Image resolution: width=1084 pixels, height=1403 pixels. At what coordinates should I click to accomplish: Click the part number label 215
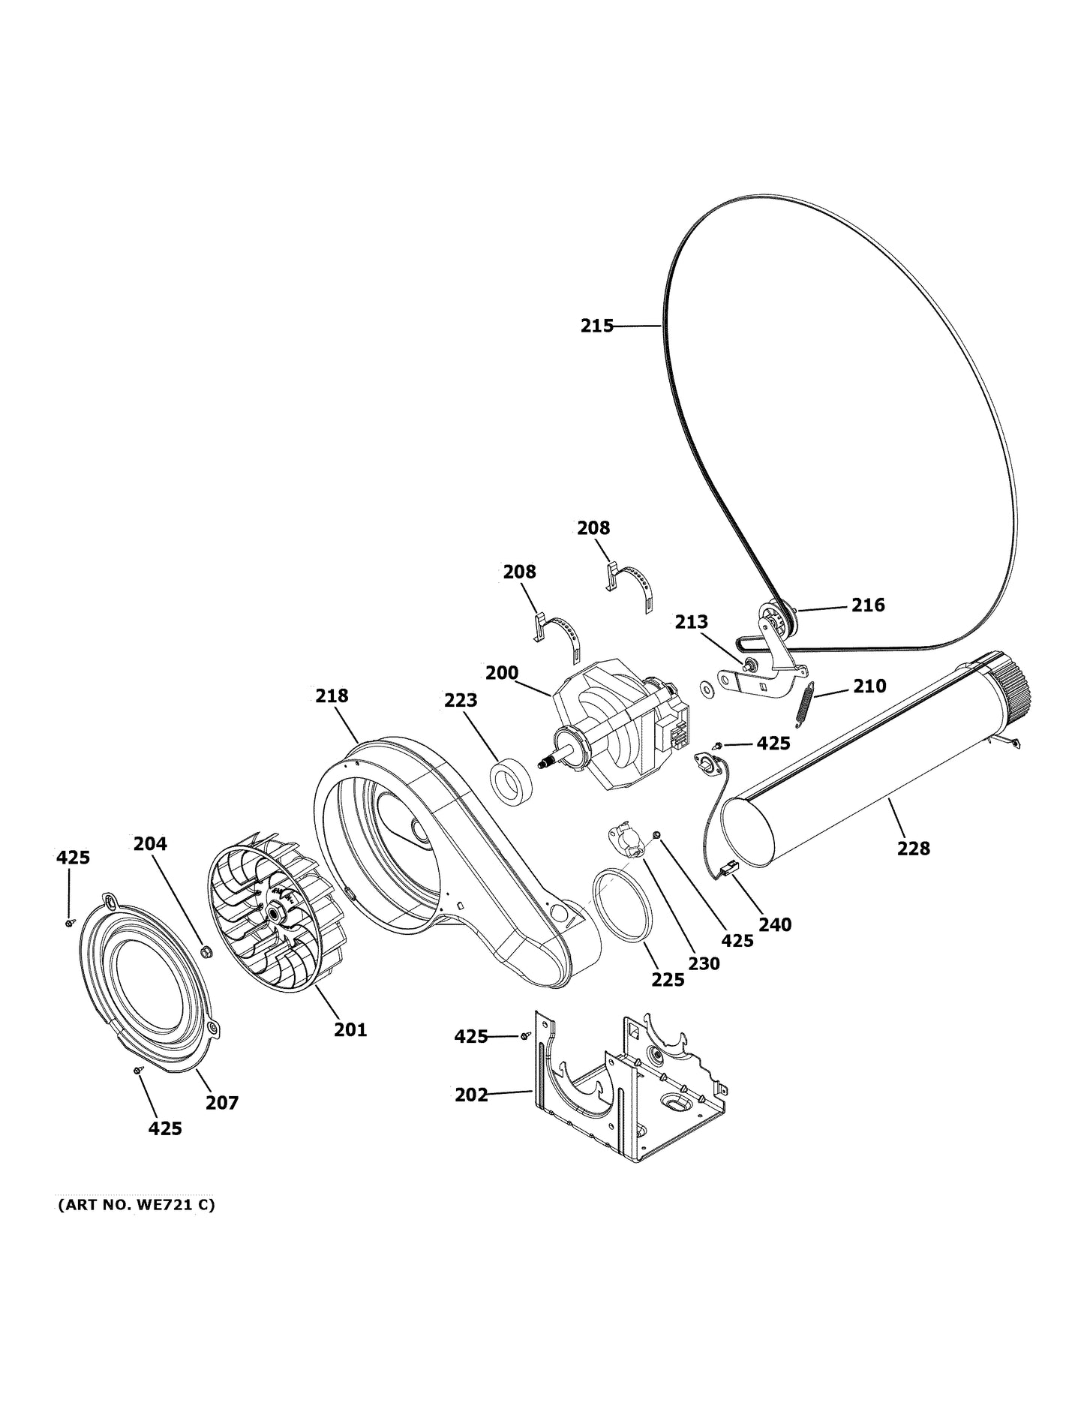(596, 326)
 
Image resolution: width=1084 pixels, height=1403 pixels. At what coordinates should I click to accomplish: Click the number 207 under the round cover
(222, 1102)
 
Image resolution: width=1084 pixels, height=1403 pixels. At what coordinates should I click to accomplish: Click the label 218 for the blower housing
(332, 695)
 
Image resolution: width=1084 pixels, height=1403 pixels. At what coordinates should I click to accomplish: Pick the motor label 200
(502, 672)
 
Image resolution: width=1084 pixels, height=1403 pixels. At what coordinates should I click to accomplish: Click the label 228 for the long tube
(914, 848)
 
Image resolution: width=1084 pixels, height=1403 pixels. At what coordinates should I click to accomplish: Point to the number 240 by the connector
(775, 924)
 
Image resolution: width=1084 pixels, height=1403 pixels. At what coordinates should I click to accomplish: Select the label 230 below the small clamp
(704, 963)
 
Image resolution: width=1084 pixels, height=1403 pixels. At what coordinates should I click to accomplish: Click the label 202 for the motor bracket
(471, 1095)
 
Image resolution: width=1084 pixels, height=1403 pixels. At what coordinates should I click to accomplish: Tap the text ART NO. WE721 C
(135, 1206)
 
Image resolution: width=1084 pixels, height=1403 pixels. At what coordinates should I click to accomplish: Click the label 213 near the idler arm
(691, 621)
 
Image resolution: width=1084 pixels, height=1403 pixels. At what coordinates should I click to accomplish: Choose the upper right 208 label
(593, 527)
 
